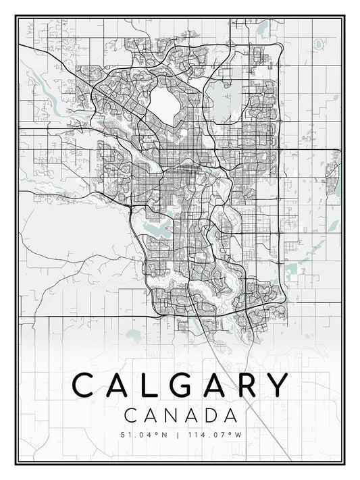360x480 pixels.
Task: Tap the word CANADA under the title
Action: click(x=180, y=414)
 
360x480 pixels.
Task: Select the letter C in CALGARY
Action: click(x=83, y=386)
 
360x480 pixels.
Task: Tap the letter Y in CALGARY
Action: click(x=278, y=386)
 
